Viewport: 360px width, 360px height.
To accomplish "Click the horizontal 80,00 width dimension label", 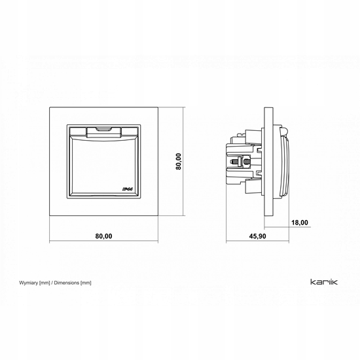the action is tap(104, 236).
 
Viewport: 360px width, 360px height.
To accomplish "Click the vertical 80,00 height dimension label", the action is tap(179, 162).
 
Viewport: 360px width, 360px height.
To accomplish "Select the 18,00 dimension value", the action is tap(300, 223).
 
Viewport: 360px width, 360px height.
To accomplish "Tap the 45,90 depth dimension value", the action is tap(258, 236).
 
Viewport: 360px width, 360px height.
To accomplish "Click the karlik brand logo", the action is tap(324, 281).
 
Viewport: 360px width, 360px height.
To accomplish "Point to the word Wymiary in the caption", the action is tap(28, 283).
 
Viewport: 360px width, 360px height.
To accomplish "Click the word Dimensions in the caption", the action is tap(67, 283).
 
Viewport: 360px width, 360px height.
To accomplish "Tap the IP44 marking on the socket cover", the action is tap(128, 189).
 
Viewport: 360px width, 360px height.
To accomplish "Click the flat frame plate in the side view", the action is tap(268, 162).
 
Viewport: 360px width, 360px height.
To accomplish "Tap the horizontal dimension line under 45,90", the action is tap(257, 241).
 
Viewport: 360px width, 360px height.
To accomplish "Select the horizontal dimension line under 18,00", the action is tap(287, 227).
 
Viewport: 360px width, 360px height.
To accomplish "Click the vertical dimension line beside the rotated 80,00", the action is tap(184, 162).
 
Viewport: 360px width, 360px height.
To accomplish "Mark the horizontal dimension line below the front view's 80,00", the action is tap(104, 241).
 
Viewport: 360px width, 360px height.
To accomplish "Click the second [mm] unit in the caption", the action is tap(86, 283).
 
